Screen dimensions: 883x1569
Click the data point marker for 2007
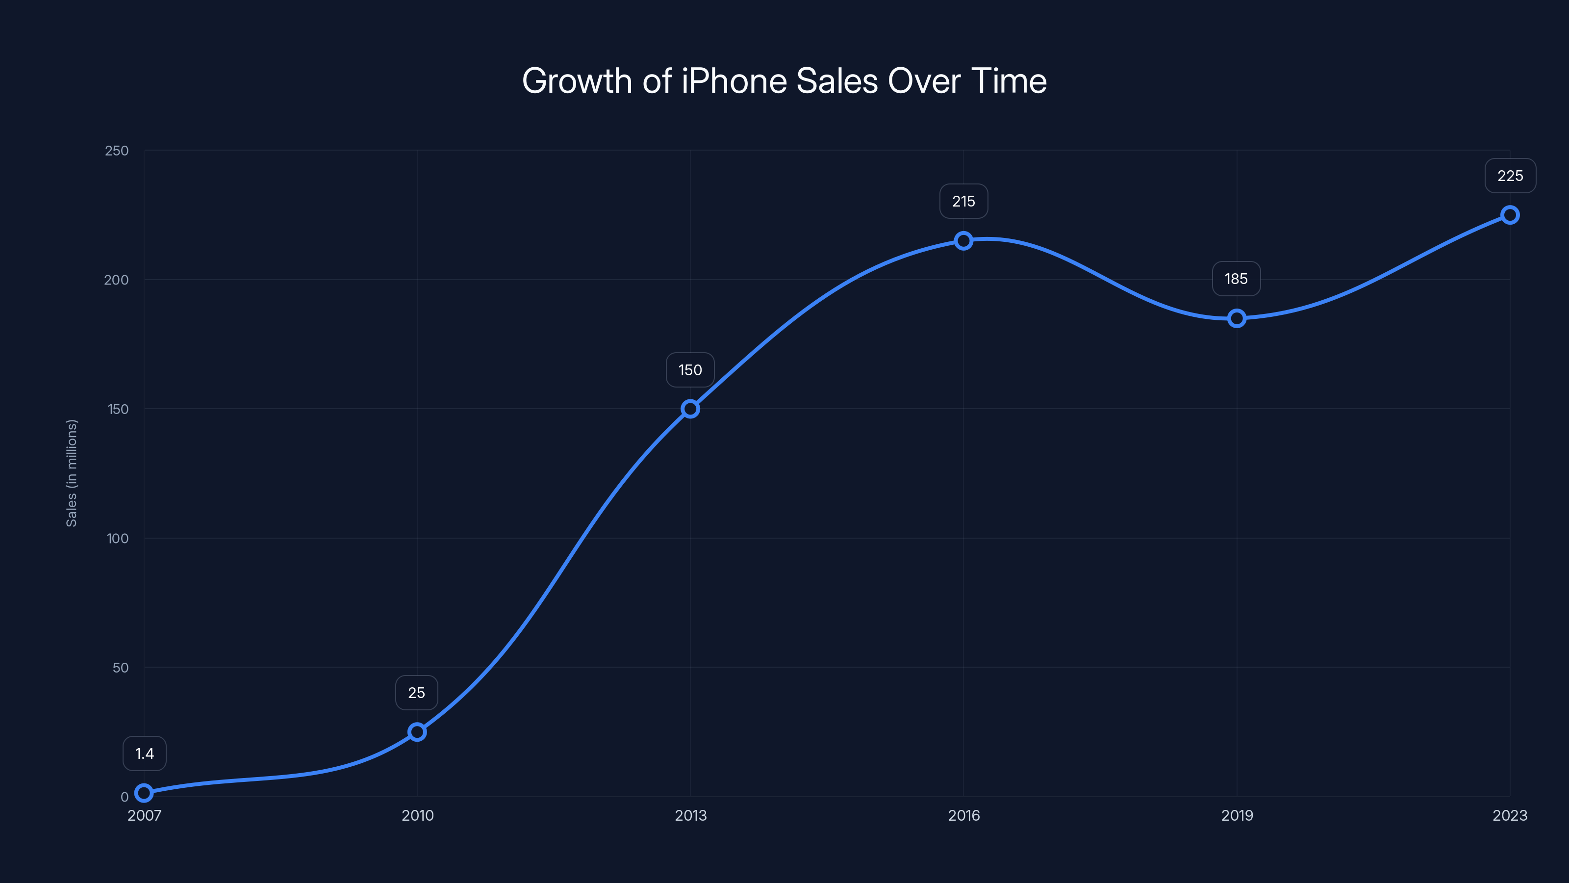point(144,793)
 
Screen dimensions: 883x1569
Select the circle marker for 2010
point(417,732)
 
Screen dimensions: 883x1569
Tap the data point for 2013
point(690,409)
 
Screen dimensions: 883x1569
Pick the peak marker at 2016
point(963,241)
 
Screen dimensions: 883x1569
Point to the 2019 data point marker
point(1237,318)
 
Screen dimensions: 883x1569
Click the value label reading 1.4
point(144,754)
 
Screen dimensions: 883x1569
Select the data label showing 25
point(417,693)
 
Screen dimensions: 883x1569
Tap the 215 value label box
point(963,201)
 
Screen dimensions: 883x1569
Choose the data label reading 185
point(1237,279)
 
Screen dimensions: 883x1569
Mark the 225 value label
point(1510,176)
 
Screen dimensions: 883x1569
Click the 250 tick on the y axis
point(117,151)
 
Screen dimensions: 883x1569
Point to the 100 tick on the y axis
point(118,539)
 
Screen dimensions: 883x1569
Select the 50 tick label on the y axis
point(121,668)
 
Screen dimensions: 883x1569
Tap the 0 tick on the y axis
point(124,797)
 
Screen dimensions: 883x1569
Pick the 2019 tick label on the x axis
point(1237,815)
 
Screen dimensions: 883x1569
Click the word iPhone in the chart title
point(734,81)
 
